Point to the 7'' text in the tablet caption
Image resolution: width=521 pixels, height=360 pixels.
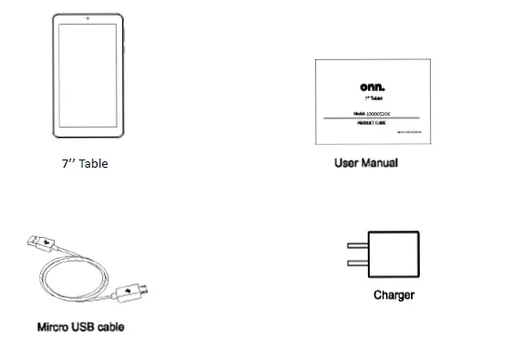(x=67, y=165)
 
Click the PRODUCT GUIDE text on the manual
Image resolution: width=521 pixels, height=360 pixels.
(x=372, y=124)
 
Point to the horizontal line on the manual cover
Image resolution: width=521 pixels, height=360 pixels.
(x=372, y=118)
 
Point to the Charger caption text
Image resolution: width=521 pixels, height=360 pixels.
(x=393, y=295)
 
